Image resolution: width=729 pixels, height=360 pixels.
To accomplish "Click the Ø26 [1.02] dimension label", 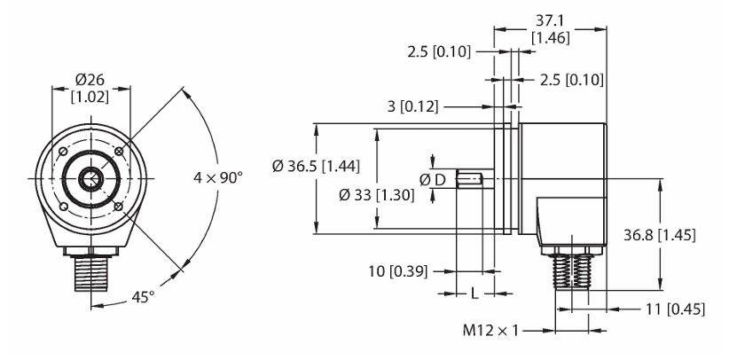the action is (x=91, y=89).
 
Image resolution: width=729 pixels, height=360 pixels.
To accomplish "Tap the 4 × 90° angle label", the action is (x=218, y=177).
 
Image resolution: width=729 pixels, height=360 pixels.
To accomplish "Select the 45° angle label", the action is (x=143, y=296).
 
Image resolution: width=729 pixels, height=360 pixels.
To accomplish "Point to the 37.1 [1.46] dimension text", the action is (x=551, y=29).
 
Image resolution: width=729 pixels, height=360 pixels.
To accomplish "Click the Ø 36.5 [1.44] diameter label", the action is (x=316, y=166).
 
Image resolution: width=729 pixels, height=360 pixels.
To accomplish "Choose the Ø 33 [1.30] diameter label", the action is (x=377, y=195).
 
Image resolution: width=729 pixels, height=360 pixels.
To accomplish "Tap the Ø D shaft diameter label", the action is (x=433, y=179).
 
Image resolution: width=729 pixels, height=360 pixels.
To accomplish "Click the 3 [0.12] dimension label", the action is (x=413, y=107).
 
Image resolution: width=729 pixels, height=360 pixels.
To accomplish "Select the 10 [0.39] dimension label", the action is (x=398, y=270).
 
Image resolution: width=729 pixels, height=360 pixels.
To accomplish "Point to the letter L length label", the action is (x=474, y=293).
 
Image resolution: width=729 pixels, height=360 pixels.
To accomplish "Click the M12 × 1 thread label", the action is (x=490, y=331).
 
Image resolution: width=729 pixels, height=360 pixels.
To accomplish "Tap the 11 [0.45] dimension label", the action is (x=674, y=309).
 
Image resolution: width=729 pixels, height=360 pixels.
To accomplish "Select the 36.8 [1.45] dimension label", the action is (x=659, y=236).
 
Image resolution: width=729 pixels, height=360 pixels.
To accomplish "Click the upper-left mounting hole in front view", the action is (x=63, y=152).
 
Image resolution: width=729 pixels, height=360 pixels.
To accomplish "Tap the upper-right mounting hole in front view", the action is (x=119, y=151).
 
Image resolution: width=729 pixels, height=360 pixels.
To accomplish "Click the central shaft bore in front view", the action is (x=91, y=178).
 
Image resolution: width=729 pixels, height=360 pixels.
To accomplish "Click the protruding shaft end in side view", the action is (x=474, y=178).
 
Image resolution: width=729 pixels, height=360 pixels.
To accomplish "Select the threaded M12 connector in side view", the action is (x=572, y=272).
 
